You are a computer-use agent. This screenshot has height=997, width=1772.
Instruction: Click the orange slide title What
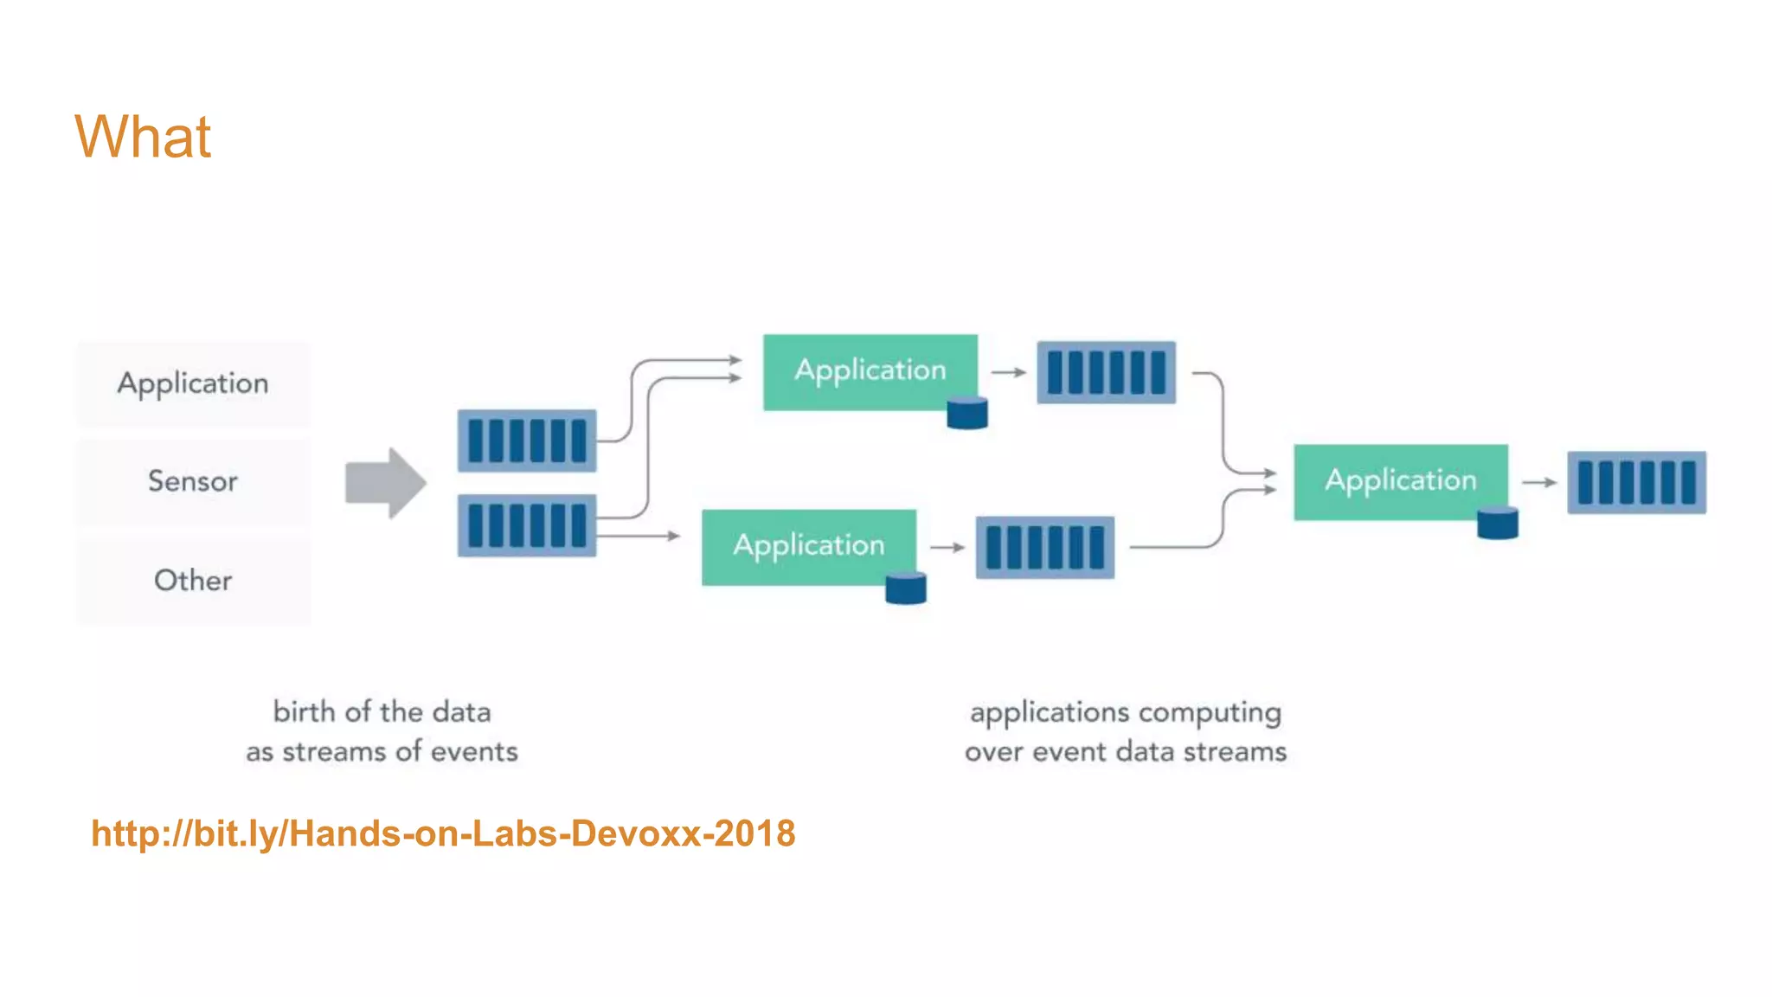[x=143, y=137]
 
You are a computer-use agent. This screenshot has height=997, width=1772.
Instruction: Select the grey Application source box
[x=193, y=383]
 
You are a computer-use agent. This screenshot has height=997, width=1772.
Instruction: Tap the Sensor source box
[x=193, y=481]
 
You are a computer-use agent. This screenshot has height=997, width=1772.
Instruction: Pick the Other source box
[x=193, y=580]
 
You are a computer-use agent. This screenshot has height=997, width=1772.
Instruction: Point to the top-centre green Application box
[x=870, y=370]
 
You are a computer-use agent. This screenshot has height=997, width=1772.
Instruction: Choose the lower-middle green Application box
[x=808, y=546]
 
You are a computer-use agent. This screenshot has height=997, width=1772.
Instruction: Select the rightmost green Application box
[x=1400, y=480]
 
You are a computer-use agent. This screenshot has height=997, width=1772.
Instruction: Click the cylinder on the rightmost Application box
[x=1498, y=523]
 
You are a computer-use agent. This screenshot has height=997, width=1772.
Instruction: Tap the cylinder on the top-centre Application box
[x=967, y=413]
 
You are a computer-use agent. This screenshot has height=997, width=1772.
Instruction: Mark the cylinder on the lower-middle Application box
[x=906, y=588]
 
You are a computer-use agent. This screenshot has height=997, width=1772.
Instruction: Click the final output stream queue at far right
[x=1636, y=482]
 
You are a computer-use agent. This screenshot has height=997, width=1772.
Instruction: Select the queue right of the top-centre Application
[x=1106, y=372]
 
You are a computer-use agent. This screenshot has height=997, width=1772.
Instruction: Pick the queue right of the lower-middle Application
[x=1044, y=547]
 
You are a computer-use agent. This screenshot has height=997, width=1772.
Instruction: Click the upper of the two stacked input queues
[x=527, y=441]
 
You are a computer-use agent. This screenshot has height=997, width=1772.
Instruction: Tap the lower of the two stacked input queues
[x=527, y=525]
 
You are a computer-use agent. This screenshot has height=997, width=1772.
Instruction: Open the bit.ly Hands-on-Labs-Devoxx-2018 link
[x=443, y=833]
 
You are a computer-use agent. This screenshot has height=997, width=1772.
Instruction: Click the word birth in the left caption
[x=304, y=711]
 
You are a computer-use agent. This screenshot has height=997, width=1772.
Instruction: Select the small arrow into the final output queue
[x=1538, y=482]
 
